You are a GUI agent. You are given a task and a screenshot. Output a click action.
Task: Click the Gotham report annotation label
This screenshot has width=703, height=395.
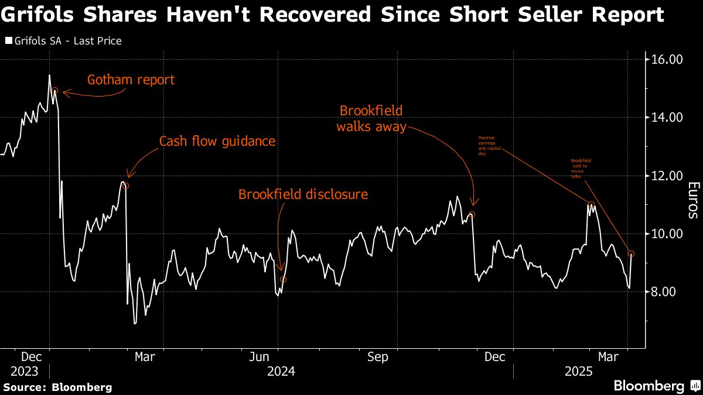pyautogui.click(x=131, y=80)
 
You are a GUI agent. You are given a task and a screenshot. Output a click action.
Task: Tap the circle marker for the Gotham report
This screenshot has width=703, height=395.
pyautogui.click(x=54, y=91)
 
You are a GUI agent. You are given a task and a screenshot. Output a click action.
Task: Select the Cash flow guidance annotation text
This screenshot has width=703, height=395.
pyautogui.click(x=217, y=142)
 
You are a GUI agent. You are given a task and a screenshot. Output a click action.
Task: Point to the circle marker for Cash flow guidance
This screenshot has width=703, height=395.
pyautogui.click(x=125, y=186)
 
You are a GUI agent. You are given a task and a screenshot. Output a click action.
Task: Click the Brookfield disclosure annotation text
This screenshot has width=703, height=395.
pyautogui.click(x=303, y=194)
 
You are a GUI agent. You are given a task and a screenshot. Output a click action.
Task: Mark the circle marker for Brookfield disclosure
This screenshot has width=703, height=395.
pyautogui.click(x=283, y=279)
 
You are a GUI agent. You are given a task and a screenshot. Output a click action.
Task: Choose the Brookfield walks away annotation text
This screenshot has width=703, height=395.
pyautogui.click(x=371, y=119)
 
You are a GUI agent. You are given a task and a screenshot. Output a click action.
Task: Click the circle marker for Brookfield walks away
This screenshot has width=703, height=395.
pyautogui.click(x=472, y=214)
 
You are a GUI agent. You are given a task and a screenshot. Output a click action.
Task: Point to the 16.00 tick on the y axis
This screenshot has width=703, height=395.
pyautogui.click(x=667, y=60)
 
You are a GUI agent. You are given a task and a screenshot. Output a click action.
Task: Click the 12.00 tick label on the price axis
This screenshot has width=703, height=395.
pyautogui.click(x=667, y=176)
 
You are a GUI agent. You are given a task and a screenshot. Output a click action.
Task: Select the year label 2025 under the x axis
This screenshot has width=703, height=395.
pyautogui.click(x=579, y=372)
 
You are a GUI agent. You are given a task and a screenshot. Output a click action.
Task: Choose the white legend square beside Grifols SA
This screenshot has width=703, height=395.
pyautogui.click(x=8, y=42)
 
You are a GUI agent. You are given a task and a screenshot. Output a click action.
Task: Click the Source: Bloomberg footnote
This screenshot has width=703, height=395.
pyautogui.click(x=57, y=387)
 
